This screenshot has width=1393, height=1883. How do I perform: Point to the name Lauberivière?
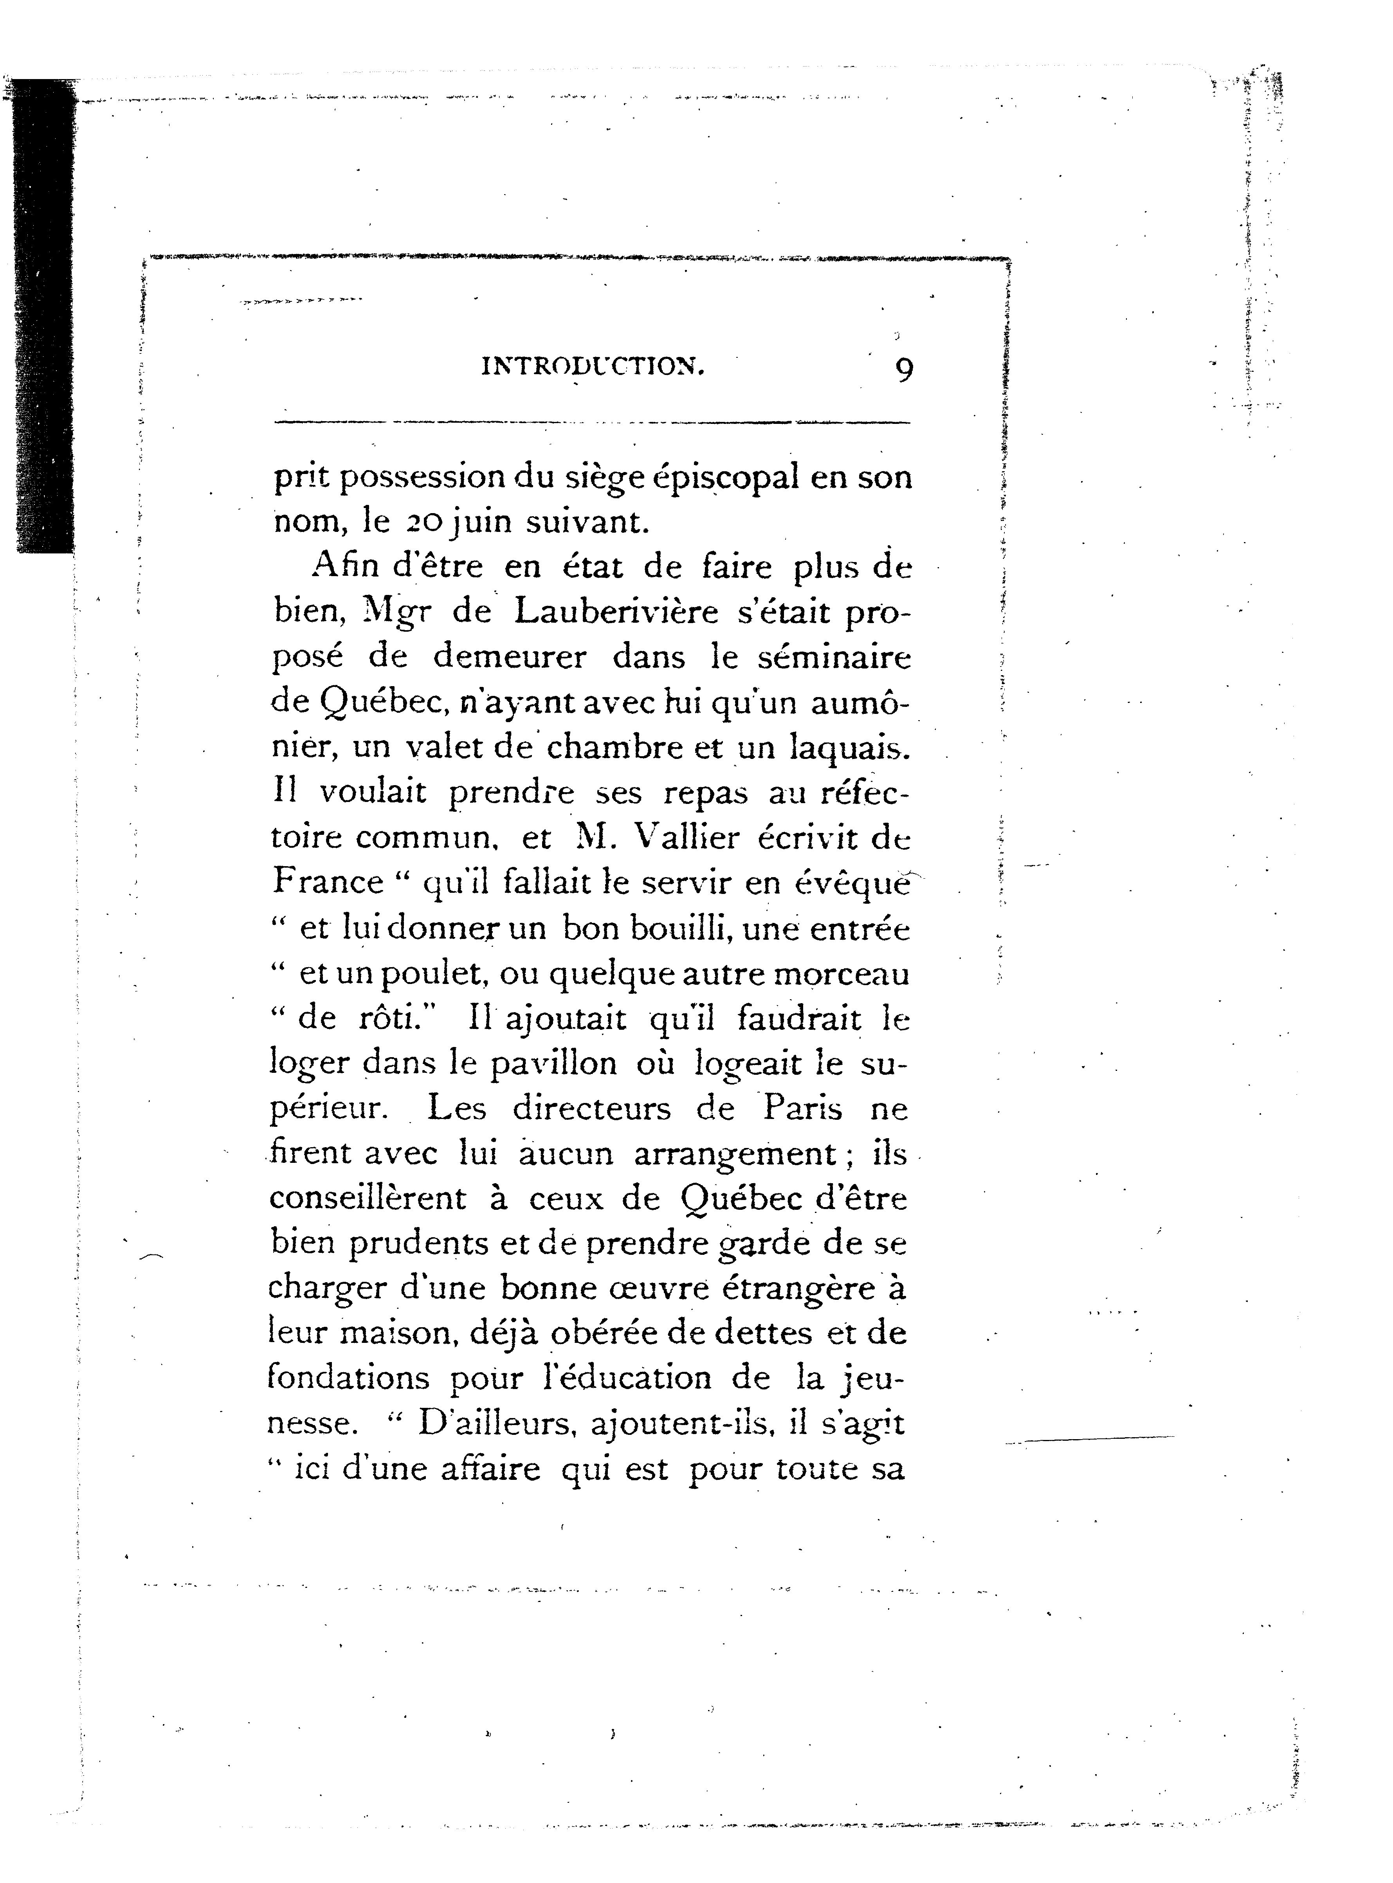pyautogui.click(x=616, y=612)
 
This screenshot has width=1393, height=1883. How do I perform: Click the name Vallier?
pyautogui.click(x=685, y=837)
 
